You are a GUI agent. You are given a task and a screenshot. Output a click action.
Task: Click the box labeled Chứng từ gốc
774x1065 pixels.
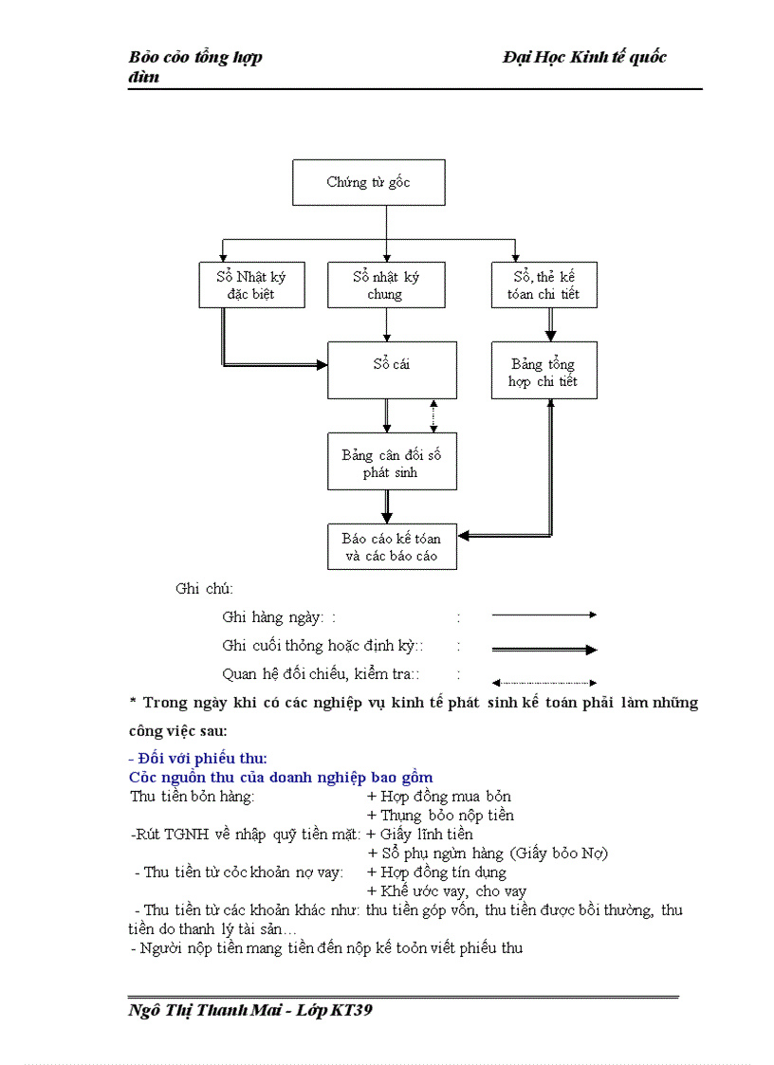click(368, 182)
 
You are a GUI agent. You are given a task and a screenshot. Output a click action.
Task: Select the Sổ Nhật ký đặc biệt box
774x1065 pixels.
click(251, 285)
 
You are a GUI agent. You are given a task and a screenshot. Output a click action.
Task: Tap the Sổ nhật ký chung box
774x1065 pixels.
click(386, 285)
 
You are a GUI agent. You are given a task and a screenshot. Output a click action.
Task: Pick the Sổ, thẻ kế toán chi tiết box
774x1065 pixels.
click(544, 285)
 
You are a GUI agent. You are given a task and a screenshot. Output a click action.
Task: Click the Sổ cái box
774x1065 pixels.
click(392, 370)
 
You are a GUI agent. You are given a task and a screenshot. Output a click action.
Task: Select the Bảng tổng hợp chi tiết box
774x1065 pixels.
click(544, 371)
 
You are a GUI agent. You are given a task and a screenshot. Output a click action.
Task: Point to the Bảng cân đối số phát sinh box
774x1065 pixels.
click(392, 462)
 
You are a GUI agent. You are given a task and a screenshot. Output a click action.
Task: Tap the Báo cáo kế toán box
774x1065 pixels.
click(392, 546)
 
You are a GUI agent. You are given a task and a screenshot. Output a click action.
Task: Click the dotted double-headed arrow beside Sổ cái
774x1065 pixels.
click(433, 415)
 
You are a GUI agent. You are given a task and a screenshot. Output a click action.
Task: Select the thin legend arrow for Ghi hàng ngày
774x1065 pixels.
click(544, 615)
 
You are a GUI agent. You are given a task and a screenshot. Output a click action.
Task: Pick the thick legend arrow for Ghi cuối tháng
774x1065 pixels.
click(544, 650)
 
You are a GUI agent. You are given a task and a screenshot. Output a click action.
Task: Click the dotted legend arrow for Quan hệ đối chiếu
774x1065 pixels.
click(544, 682)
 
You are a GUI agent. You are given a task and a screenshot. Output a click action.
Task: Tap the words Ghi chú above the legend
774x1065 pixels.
click(204, 589)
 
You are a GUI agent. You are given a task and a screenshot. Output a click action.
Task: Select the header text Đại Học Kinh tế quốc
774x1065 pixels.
click(584, 57)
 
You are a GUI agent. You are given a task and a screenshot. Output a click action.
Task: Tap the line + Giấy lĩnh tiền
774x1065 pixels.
click(419, 835)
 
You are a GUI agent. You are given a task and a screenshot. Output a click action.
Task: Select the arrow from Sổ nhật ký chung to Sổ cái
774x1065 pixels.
click(387, 324)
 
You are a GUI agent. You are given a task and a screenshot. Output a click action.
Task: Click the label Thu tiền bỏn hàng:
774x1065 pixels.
click(192, 797)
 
